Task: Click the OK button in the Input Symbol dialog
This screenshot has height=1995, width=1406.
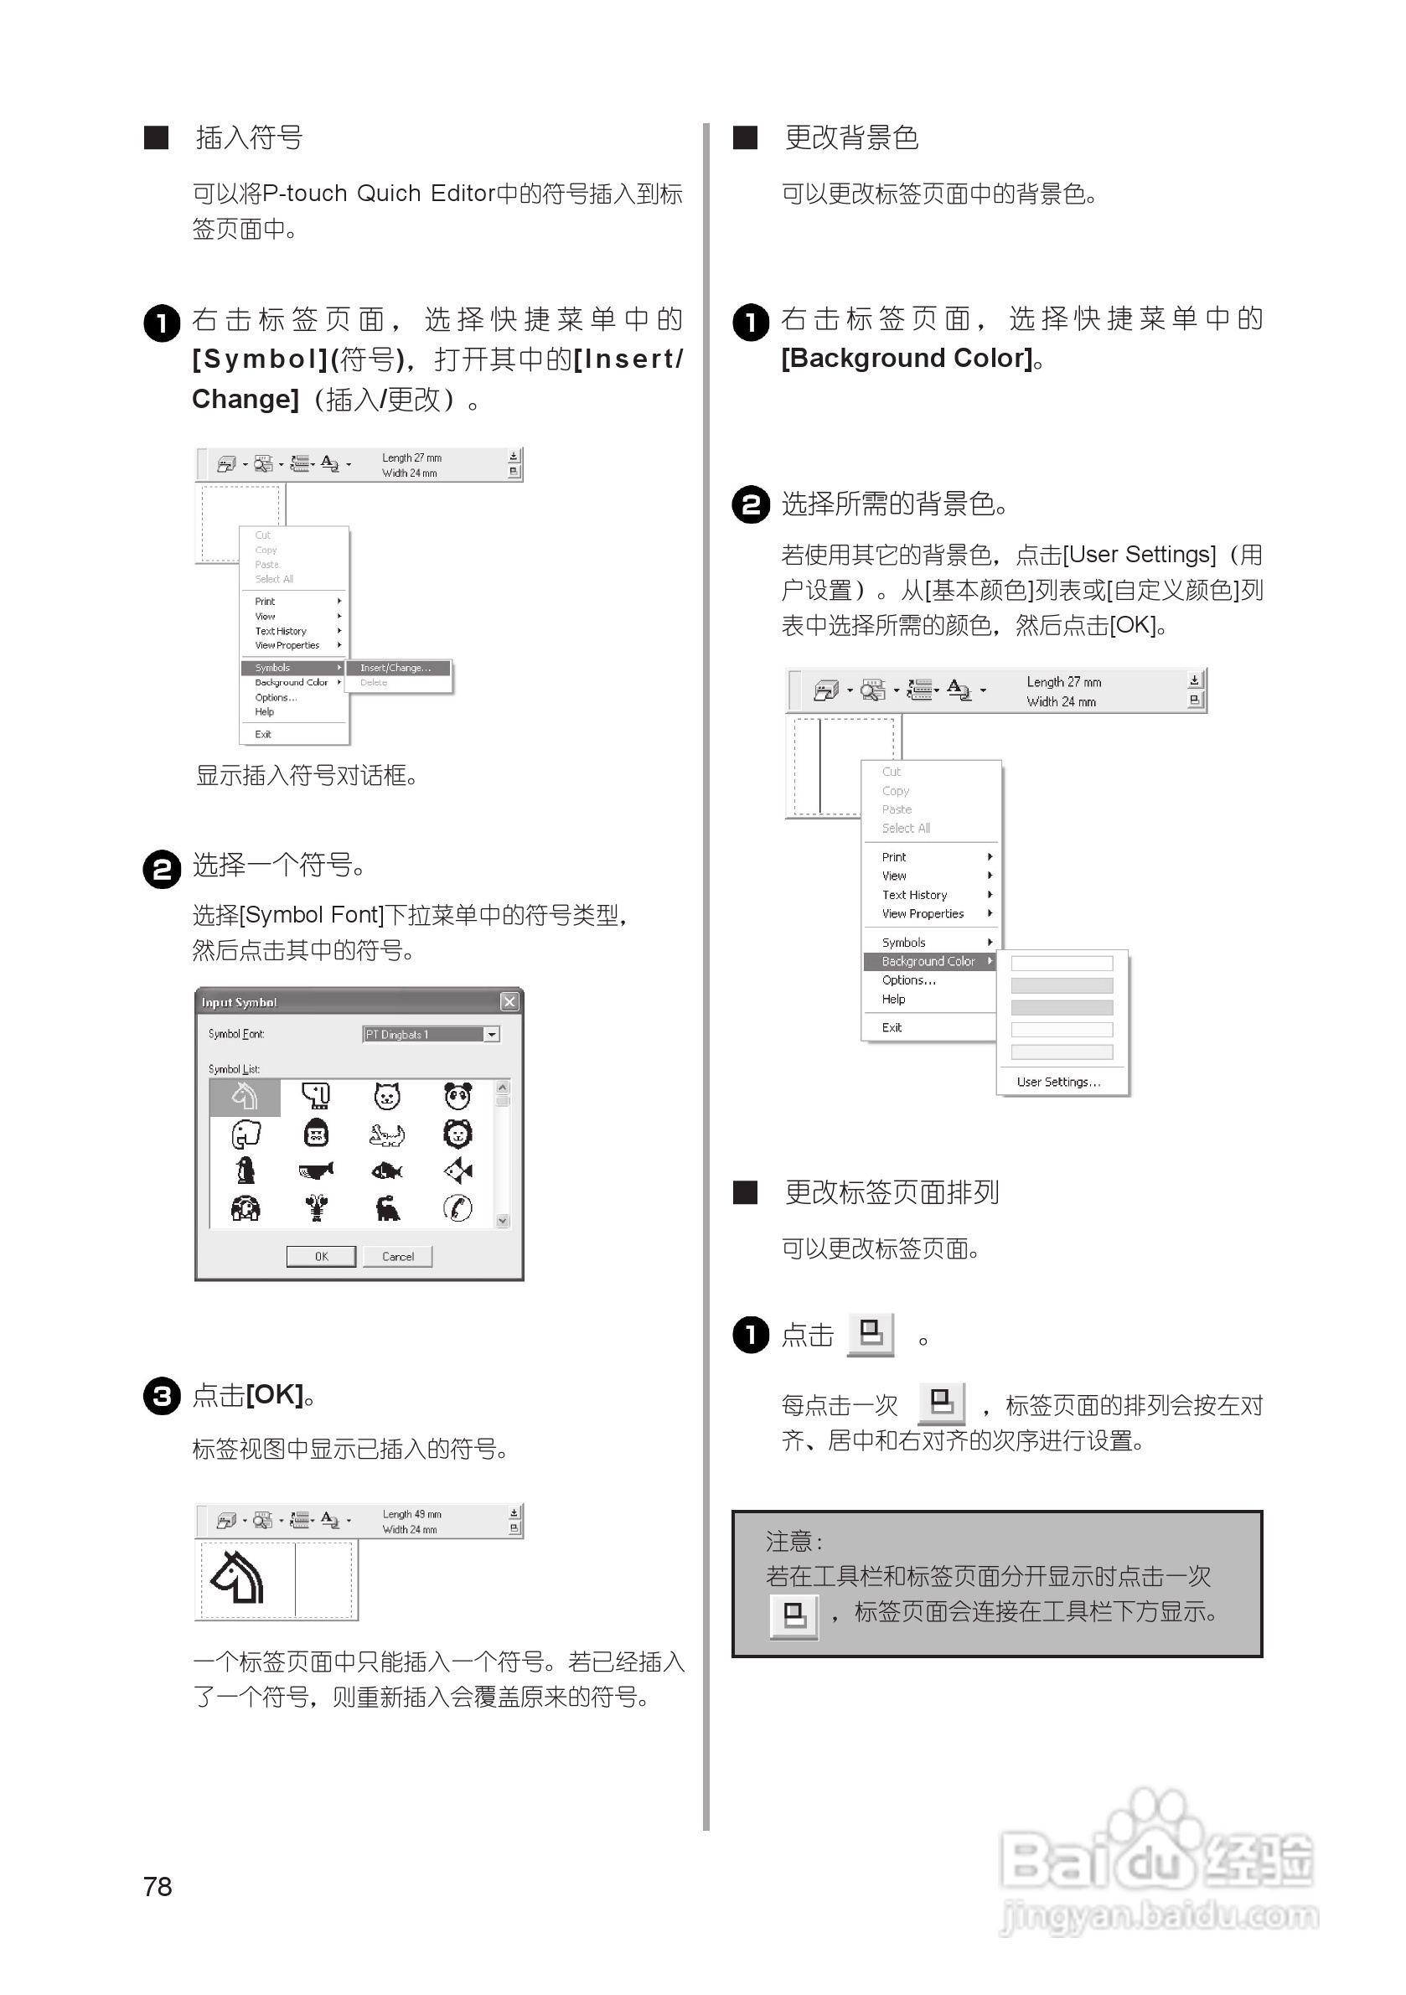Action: point(321,1257)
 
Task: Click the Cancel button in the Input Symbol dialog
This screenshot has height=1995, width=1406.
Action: point(397,1257)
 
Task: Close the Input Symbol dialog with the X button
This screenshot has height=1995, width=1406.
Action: point(509,1002)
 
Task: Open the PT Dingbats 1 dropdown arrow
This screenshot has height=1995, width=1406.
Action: point(492,1034)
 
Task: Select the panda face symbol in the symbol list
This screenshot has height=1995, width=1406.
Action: point(458,1097)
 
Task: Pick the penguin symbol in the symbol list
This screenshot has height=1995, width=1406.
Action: point(246,1171)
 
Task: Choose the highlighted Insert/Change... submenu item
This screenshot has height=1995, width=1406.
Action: point(397,667)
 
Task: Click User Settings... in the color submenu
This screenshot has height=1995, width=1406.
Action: point(1057,1082)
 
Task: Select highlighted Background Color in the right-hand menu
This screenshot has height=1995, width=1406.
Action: point(928,961)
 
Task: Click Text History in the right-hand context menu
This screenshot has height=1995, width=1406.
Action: point(914,895)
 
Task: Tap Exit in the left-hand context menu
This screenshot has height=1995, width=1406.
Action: point(263,734)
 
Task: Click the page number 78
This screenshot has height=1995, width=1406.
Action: point(158,1886)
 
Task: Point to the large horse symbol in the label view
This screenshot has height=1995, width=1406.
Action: point(238,1577)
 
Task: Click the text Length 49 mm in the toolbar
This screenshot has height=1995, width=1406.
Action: point(411,1513)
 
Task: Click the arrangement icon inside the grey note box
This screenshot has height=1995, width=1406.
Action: point(793,1616)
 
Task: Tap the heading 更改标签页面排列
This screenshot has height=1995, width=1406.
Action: point(892,1192)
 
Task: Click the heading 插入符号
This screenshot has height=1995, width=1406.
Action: point(249,137)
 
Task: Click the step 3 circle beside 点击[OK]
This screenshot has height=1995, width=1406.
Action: point(162,1395)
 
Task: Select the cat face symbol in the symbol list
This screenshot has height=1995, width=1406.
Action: point(387,1097)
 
